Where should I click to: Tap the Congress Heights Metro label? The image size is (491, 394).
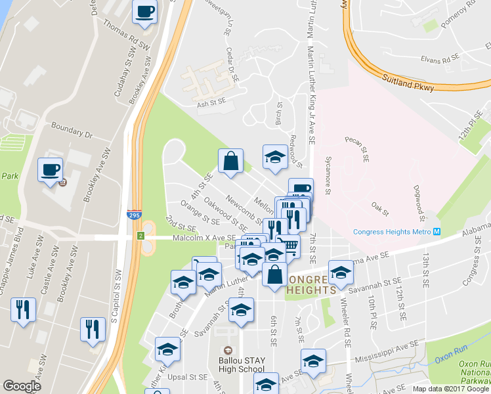[392, 231]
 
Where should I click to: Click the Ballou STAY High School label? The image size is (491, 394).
[242, 360]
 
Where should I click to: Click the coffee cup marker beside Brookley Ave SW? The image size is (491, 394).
[51, 169]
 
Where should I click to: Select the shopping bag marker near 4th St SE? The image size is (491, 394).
[230, 162]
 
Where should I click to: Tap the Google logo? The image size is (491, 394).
[22, 386]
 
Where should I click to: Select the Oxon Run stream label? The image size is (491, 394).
[449, 355]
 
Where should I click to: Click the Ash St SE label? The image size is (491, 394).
[211, 103]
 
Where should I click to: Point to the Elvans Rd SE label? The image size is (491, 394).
[440, 59]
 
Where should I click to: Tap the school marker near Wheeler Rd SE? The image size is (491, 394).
[340, 271]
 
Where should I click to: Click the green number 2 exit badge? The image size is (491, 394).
[140, 235]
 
